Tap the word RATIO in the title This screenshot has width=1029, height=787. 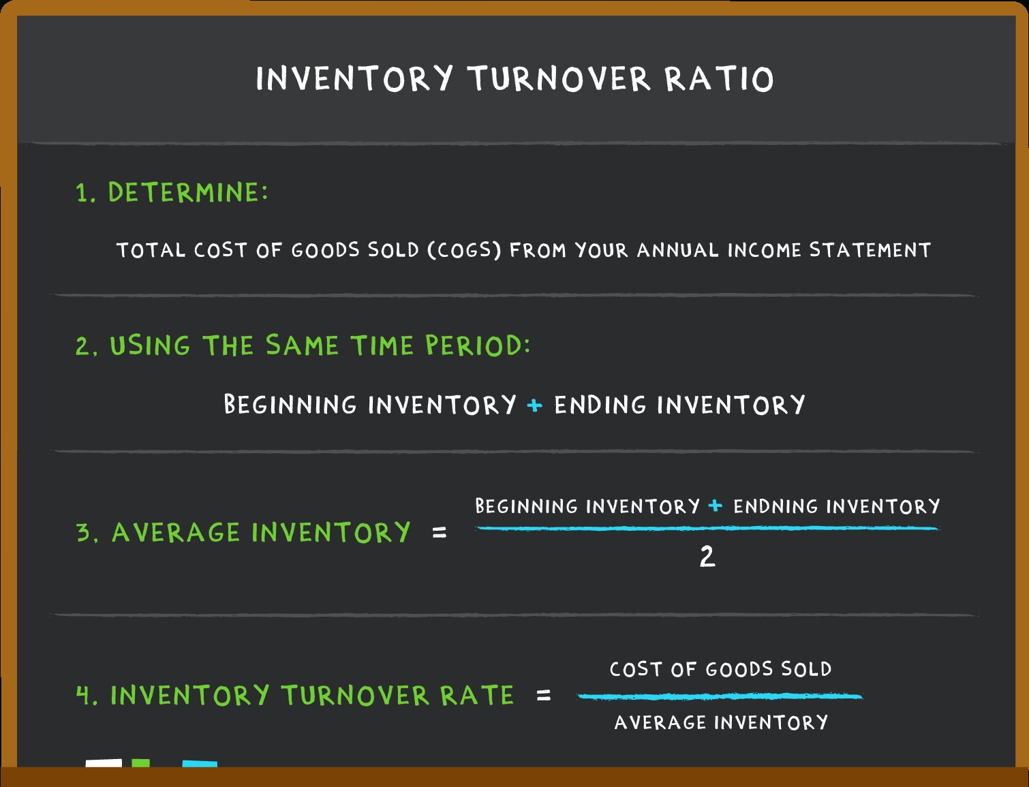[720, 78]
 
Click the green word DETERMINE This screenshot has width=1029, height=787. [188, 192]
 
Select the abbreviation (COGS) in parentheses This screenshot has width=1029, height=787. [464, 250]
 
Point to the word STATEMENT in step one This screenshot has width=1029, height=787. [870, 250]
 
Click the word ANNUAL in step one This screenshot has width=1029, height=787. [677, 250]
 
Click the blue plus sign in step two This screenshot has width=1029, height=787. [535, 405]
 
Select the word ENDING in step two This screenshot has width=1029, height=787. [600, 405]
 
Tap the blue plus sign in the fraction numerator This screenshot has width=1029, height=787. [716, 506]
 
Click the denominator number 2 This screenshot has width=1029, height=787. [707, 557]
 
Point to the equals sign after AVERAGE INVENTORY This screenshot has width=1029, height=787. [440, 532]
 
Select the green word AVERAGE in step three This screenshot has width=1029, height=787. [176, 532]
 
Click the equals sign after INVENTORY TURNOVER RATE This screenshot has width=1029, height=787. [543, 694]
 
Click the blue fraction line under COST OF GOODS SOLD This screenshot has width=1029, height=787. [720, 696]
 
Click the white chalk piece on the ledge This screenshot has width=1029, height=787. [104, 764]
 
